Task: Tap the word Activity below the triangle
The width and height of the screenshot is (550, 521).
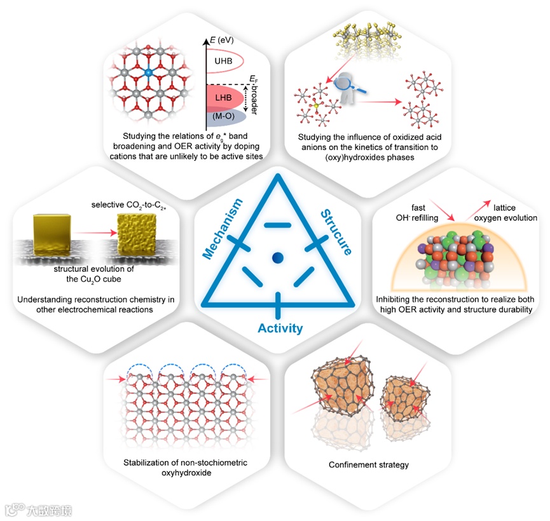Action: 280,328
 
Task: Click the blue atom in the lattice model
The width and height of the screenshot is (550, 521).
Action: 148,74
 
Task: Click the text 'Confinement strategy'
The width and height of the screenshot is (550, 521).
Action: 368,464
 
